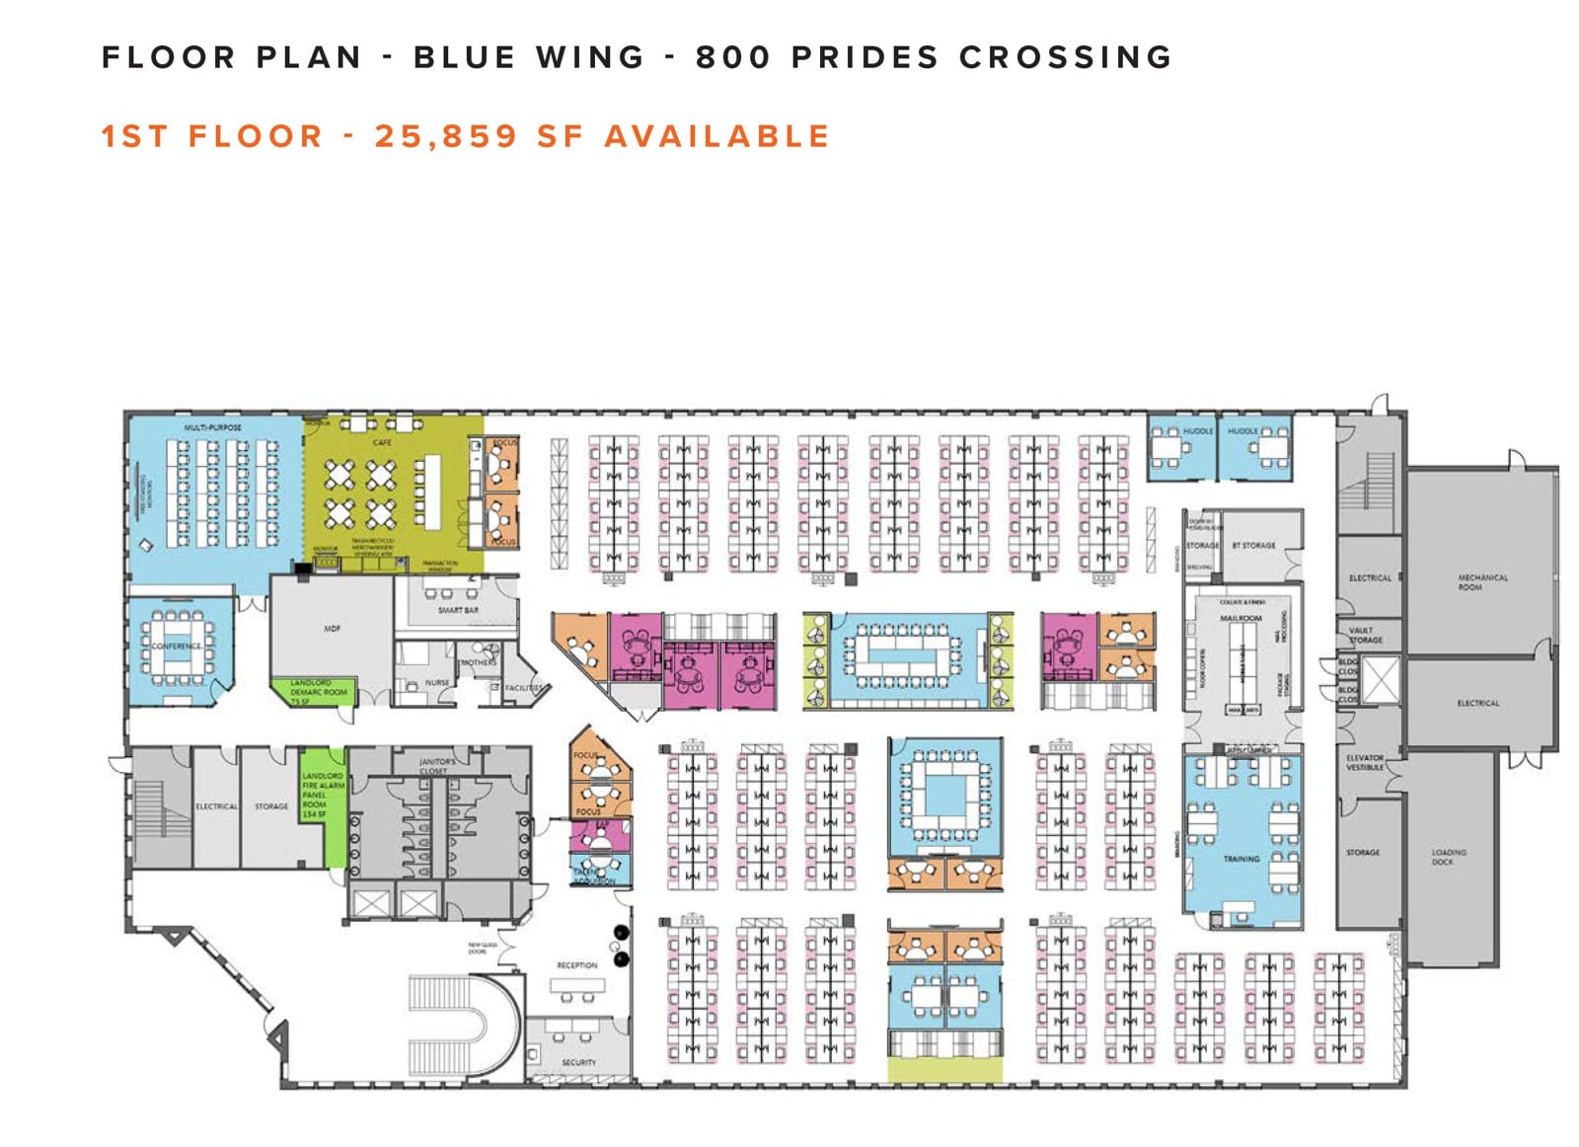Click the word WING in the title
coord(590,57)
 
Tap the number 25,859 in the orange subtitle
coord(445,136)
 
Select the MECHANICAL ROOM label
coord(1482,582)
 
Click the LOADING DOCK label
coord(1449,857)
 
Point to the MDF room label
coord(333,629)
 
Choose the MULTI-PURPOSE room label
coord(212,427)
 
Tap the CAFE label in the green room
coord(382,443)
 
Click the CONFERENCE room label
coord(177,646)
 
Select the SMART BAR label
coord(458,610)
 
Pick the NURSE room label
coord(437,682)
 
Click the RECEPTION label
coord(577,965)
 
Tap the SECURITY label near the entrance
coord(578,1062)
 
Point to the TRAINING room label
coord(1241,859)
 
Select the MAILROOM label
coord(1241,618)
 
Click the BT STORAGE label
coord(1253,545)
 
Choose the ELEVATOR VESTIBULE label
coord(1365,762)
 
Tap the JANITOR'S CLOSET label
coord(437,766)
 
